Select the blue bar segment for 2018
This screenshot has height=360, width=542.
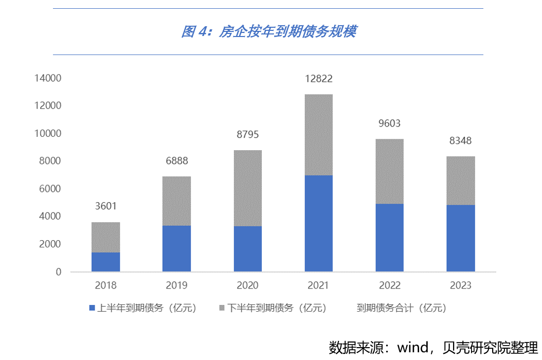pyautogui.click(x=105, y=262)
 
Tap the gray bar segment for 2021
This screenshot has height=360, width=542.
pyautogui.click(x=318, y=135)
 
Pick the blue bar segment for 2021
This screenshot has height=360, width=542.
pyautogui.click(x=318, y=223)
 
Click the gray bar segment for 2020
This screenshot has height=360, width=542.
pyautogui.click(x=247, y=188)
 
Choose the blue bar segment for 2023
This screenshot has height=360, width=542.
pyautogui.click(x=460, y=238)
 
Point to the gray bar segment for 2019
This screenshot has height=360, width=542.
pyautogui.click(x=176, y=201)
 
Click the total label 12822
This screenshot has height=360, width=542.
pyautogui.click(x=318, y=79)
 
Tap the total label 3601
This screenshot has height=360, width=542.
pyautogui.click(x=106, y=206)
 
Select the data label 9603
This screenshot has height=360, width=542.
pyautogui.click(x=389, y=123)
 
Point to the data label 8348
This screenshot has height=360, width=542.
pyautogui.click(x=460, y=141)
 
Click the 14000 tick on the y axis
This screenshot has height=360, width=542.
pyautogui.click(x=47, y=78)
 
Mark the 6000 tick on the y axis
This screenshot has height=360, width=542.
pyautogui.click(x=50, y=189)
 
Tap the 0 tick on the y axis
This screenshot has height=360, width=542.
pyautogui.click(x=59, y=272)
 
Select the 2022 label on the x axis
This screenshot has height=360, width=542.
pyautogui.click(x=389, y=285)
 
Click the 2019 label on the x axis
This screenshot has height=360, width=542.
pyautogui.click(x=176, y=285)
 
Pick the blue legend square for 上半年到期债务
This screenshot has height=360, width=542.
pyautogui.click(x=92, y=308)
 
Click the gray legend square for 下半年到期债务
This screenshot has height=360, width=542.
pyautogui.click(x=222, y=308)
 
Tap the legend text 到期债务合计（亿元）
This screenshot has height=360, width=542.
pyautogui.click(x=402, y=308)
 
